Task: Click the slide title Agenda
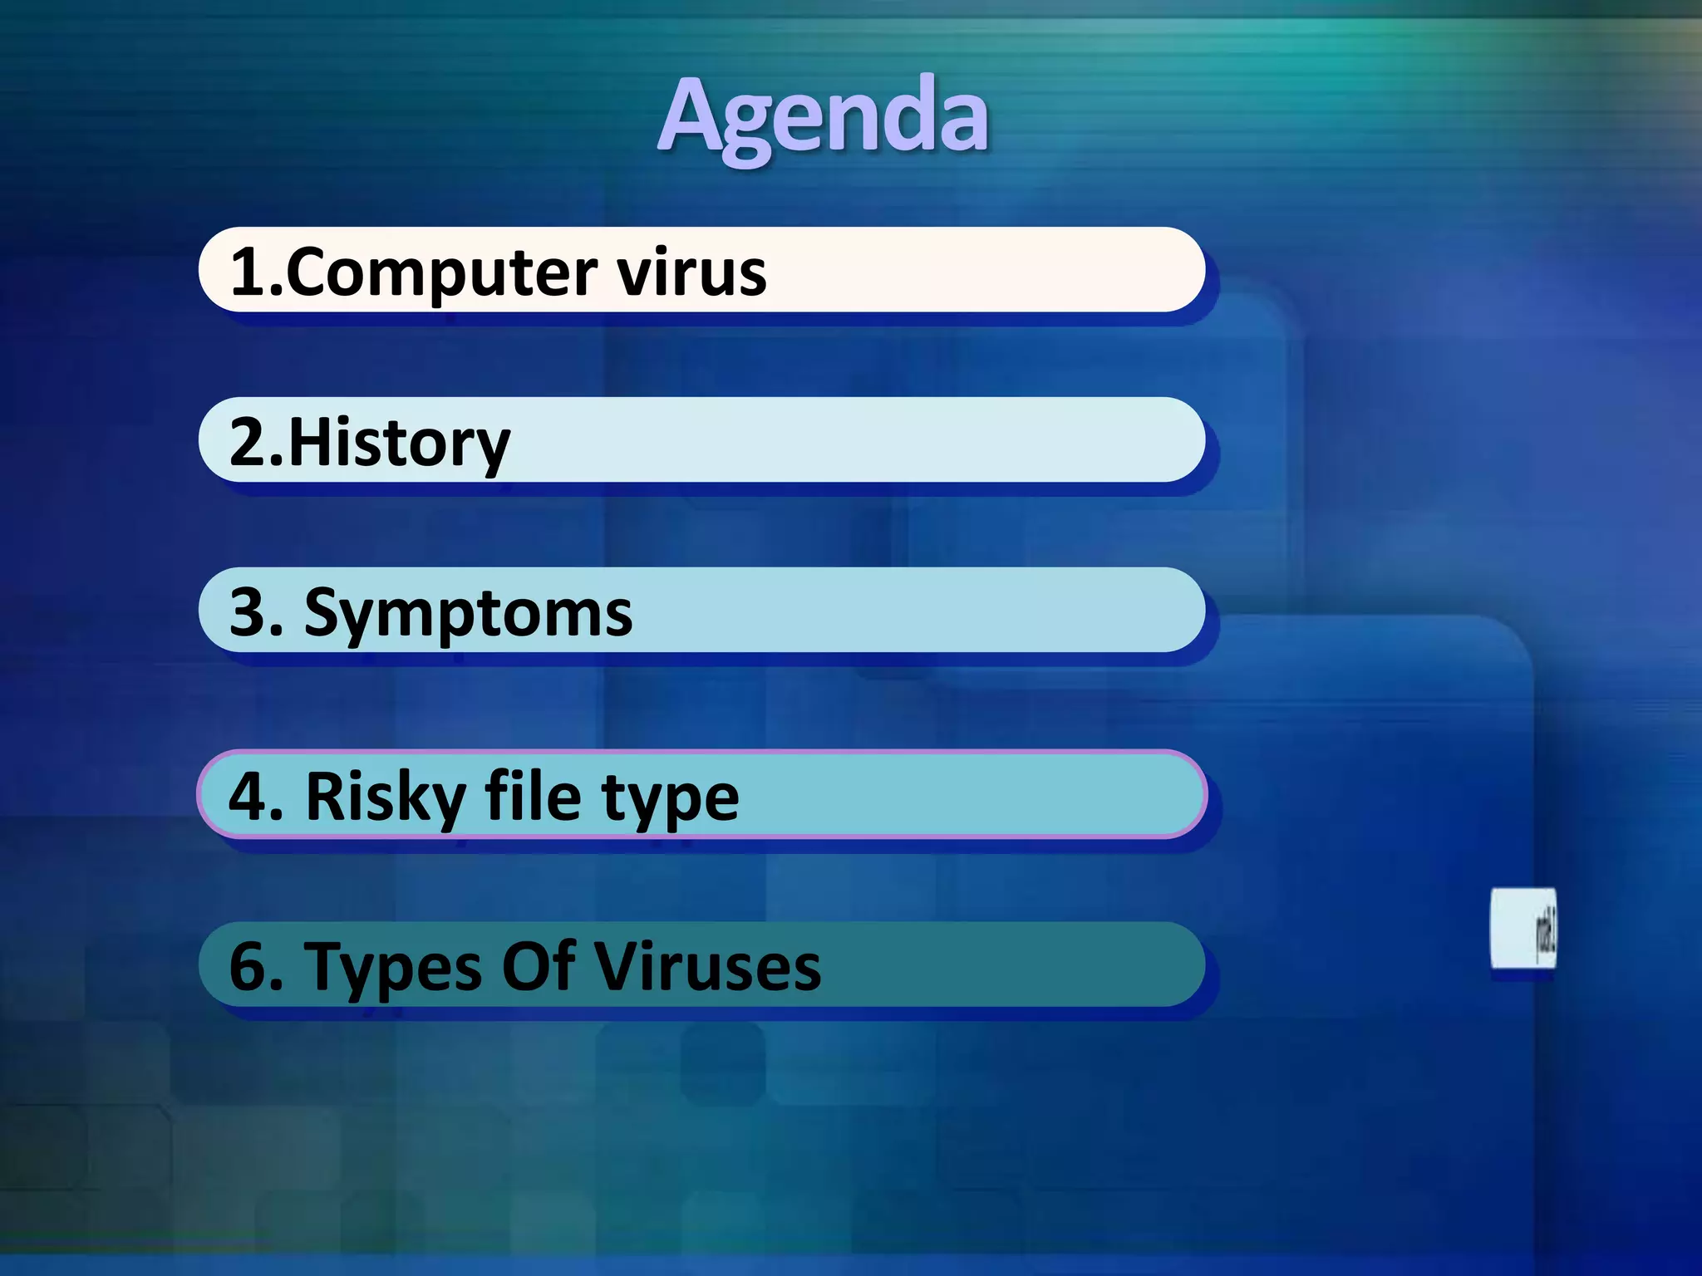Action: click(x=823, y=116)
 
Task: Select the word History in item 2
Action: click(x=399, y=444)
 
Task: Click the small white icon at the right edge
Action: click(x=1522, y=929)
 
